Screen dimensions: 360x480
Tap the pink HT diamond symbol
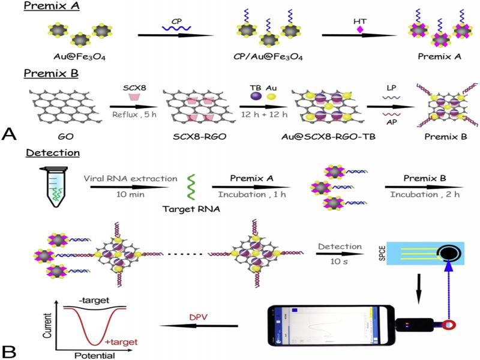click(x=361, y=29)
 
